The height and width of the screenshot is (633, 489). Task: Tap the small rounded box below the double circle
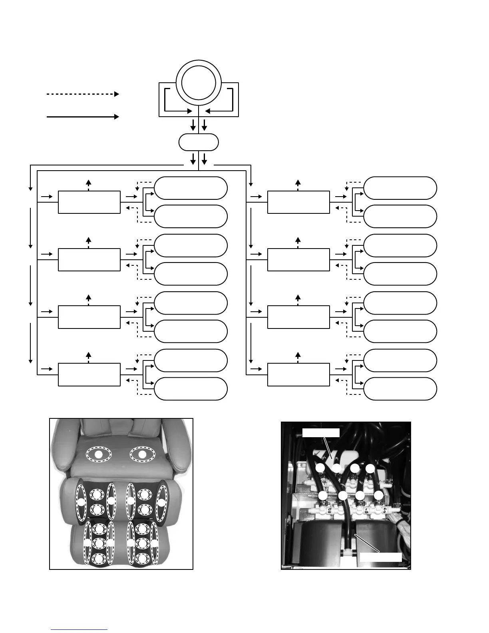(199, 142)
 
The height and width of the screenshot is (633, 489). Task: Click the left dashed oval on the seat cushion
(98, 454)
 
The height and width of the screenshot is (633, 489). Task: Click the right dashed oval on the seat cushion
(142, 454)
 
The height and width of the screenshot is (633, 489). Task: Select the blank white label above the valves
(321, 433)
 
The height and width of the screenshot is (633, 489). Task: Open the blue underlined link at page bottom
(79, 630)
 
